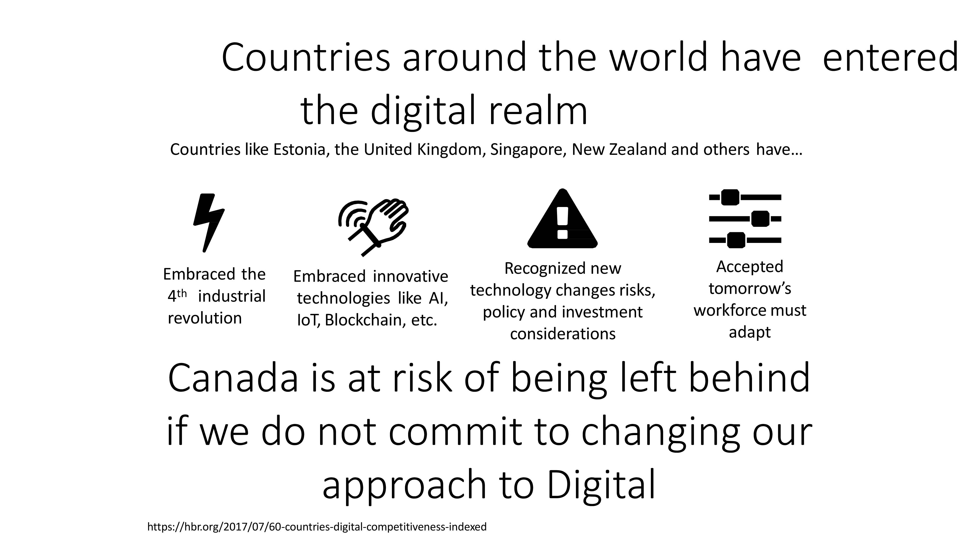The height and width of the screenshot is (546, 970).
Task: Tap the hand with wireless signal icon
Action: pyautogui.click(x=373, y=227)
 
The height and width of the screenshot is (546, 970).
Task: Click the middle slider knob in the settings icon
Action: pyautogui.click(x=760, y=219)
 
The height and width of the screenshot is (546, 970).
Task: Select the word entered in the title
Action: pyautogui.click(x=890, y=58)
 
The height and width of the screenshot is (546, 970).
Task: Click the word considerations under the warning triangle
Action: pyautogui.click(x=563, y=334)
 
